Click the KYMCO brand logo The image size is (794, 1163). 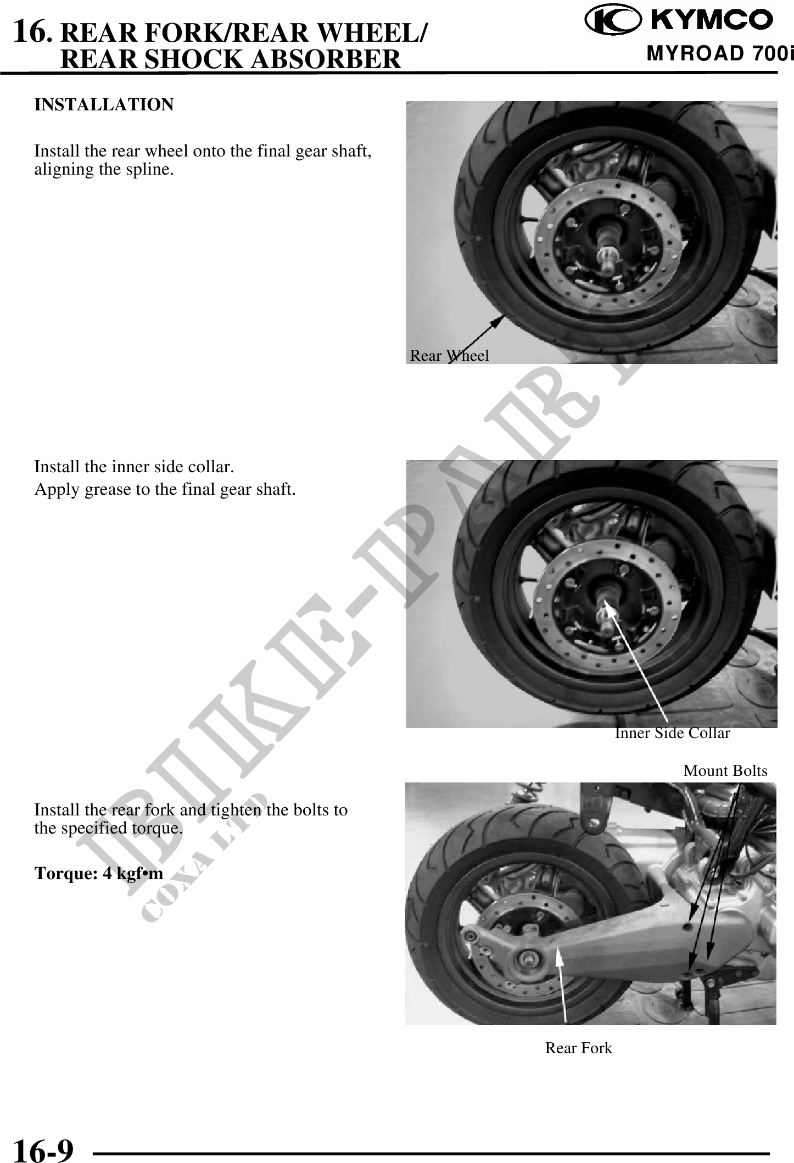678,20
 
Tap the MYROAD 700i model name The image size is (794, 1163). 720,53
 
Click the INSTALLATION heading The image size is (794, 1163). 104,104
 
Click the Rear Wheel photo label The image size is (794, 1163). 449,356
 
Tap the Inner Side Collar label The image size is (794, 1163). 672,733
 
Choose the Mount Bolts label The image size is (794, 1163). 725,771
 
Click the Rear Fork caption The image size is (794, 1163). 578,1048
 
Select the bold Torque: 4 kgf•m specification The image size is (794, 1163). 99,873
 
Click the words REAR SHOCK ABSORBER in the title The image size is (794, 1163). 231,59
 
